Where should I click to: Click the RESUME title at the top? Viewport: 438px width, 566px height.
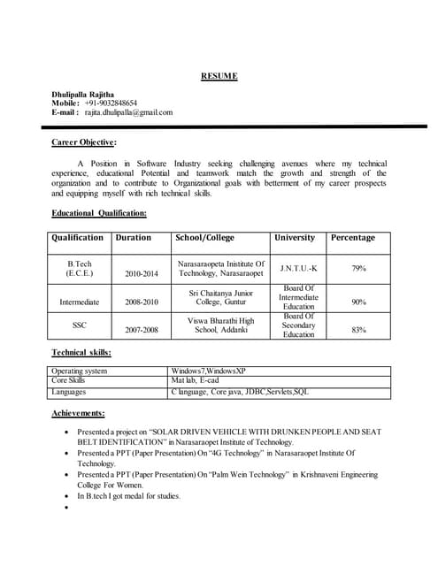click(218, 76)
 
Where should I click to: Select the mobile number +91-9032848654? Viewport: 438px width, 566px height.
click(111, 103)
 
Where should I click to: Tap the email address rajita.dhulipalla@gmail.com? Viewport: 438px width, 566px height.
click(128, 113)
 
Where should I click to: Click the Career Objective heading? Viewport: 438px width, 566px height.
click(84, 141)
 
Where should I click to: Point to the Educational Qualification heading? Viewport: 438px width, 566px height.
click(99, 213)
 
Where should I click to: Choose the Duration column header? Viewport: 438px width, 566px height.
click(133, 238)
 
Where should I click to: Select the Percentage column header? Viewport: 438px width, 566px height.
click(352, 238)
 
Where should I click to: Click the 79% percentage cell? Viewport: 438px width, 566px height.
click(358, 268)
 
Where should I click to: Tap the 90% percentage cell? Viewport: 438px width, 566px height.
click(358, 302)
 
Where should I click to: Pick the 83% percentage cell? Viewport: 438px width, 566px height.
click(358, 330)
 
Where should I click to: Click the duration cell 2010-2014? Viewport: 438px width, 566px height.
click(142, 274)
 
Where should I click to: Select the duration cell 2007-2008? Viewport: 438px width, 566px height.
click(142, 330)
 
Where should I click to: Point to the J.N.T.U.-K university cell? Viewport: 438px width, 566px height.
click(297, 268)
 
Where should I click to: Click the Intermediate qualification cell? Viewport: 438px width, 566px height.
click(79, 302)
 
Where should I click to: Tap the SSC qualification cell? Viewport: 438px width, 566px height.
click(79, 325)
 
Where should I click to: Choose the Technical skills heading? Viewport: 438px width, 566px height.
click(81, 352)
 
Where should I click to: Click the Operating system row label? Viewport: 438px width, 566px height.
click(79, 371)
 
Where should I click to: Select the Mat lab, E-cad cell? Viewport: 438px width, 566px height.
click(197, 380)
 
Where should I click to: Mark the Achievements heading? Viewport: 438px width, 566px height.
click(78, 413)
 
